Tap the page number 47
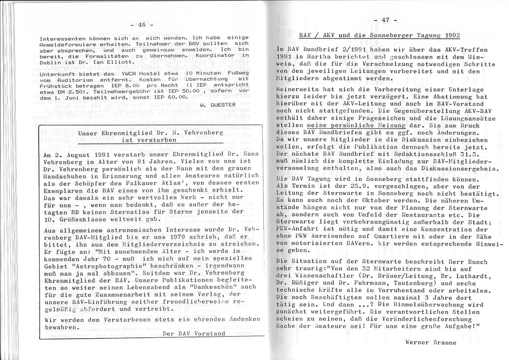(x=384, y=20)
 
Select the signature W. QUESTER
(x=218, y=105)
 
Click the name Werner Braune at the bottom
(x=431, y=342)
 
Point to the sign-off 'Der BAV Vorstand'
(x=193, y=334)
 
